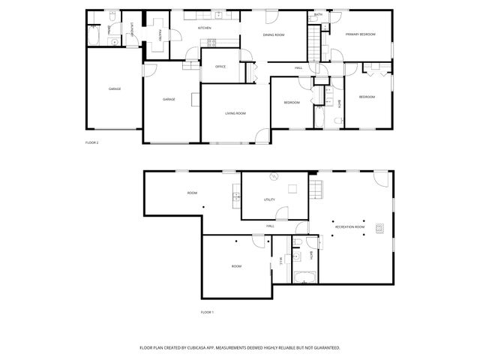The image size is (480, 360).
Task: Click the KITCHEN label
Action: click(203, 28)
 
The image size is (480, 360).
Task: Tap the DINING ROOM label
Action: click(273, 35)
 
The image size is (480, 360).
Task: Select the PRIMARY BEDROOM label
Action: click(360, 34)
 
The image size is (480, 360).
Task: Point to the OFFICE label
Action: click(220, 67)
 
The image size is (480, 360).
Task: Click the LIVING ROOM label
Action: click(235, 113)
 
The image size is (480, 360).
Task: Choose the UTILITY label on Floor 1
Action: click(269, 199)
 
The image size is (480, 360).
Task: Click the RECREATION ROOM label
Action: click(349, 226)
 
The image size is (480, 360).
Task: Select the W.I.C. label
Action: click(280, 260)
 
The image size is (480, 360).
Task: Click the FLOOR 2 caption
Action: click(92, 142)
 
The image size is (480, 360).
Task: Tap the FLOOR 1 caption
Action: click(207, 311)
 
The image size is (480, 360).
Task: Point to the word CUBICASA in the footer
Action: click(196, 348)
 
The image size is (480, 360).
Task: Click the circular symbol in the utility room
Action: click(274, 177)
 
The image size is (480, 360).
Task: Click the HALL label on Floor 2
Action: click(298, 68)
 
